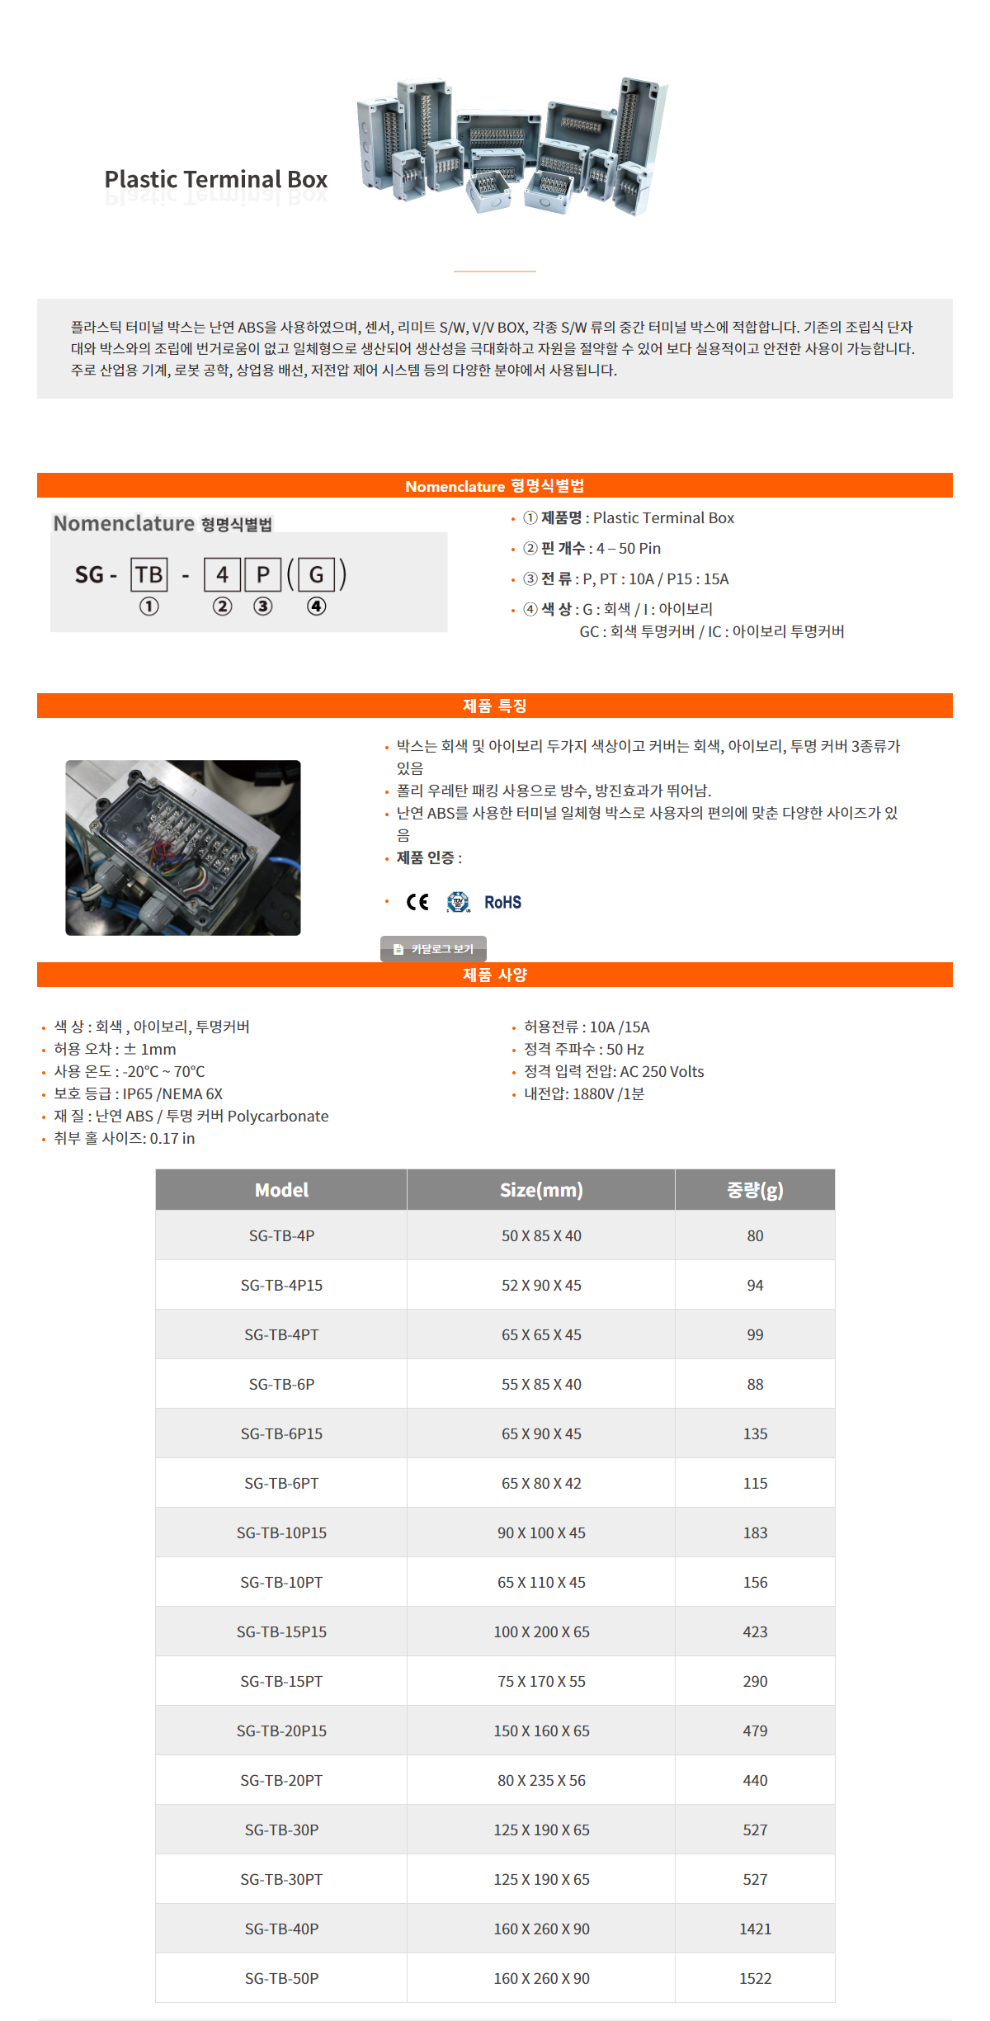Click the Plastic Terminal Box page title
tap(215, 179)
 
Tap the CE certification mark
tap(417, 902)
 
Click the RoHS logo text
tap(502, 902)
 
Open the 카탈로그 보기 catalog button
tap(434, 949)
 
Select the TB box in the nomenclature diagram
tap(149, 574)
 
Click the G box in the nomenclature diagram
tap(316, 574)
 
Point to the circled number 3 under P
tap(262, 607)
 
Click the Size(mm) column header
tap(541, 1190)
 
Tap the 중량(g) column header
tap(755, 1190)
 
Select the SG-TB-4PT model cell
tap(281, 1334)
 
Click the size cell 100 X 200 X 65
tap(541, 1631)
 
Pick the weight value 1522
tap(755, 1978)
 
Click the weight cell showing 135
tap(755, 1433)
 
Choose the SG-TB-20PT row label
tap(281, 1780)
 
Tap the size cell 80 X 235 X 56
tap(541, 1780)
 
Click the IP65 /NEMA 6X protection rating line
tap(139, 1093)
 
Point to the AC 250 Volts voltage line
tap(614, 1071)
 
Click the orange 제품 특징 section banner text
tap(495, 706)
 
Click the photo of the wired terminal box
tap(183, 848)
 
